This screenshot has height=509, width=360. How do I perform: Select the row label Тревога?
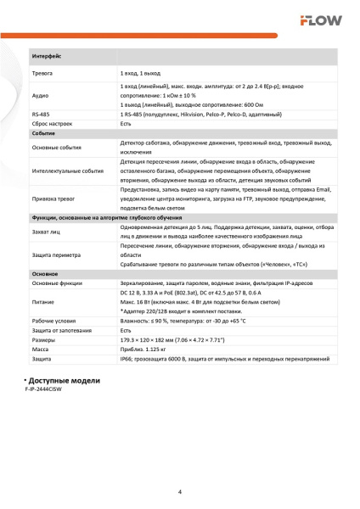(42, 75)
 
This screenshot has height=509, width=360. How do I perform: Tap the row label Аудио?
(39, 96)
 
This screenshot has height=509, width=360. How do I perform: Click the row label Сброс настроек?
(53, 124)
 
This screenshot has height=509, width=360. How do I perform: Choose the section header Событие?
(43, 134)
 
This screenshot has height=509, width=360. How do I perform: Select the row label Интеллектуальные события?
(67, 171)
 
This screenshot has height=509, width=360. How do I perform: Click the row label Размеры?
(42, 340)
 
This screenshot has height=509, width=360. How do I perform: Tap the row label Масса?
(39, 350)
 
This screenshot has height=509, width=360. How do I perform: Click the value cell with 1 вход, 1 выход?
(139, 75)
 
